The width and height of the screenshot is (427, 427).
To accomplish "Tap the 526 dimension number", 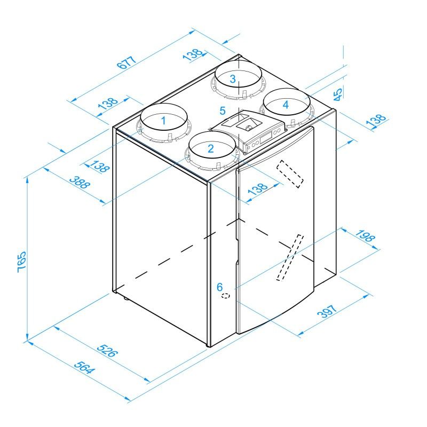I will pyautogui.click(x=107, y=351).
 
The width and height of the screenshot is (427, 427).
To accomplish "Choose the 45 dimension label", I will pyautogui.click(x=337, y=95).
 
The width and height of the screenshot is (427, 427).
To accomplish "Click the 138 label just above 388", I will pyautogui.click(x=99, y=166).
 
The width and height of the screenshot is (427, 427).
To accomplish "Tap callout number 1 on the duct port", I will pyautogui.click(x=164, y=121).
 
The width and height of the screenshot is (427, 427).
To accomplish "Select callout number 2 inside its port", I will pyautogui.click(x=210, y=148).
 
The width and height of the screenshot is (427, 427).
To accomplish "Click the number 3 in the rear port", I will pyautogui.click(x=233, y=78).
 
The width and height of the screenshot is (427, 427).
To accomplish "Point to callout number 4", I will pyautogui.click(x=286, y=105).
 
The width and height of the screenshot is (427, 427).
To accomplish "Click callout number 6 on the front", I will pyautogui.click(x=219, y=287).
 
